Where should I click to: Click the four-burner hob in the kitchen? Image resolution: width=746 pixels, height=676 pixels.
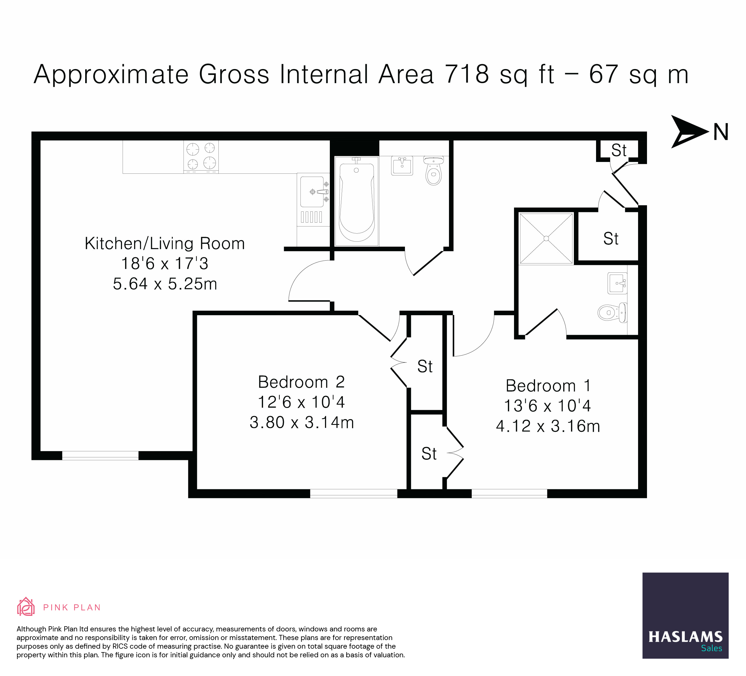click(x=201, y=157)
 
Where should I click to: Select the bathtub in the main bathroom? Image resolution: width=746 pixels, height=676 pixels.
click(x=357, y=201)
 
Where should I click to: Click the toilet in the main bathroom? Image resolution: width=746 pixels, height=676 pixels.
click(x=434, y=171)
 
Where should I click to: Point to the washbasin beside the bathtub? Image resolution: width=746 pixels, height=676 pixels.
click(x=402, y=166)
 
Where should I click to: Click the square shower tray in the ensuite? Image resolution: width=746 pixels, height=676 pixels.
click(x=546, y=238)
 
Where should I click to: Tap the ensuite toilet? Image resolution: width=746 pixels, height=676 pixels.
click(x=612, y=312)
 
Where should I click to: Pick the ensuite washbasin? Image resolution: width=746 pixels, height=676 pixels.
click(x=617, y=283)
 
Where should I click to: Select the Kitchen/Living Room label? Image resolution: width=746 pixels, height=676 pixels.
click(x=165, y=244)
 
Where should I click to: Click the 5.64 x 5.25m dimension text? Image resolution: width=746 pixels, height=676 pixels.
click(x=165, y=284)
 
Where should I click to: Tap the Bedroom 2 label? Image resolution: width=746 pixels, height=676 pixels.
click(x=301, y=382)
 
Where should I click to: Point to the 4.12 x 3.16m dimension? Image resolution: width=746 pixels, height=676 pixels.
click(x=548, y=426)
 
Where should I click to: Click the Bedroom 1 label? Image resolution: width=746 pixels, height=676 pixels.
click(x=548, y=386)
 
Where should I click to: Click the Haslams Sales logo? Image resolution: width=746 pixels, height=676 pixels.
click(x=685, y=616)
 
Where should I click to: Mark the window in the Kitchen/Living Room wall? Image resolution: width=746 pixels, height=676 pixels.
click(x=100, y=456)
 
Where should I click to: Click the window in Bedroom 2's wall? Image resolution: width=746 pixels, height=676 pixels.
click(x=353, y=493)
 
